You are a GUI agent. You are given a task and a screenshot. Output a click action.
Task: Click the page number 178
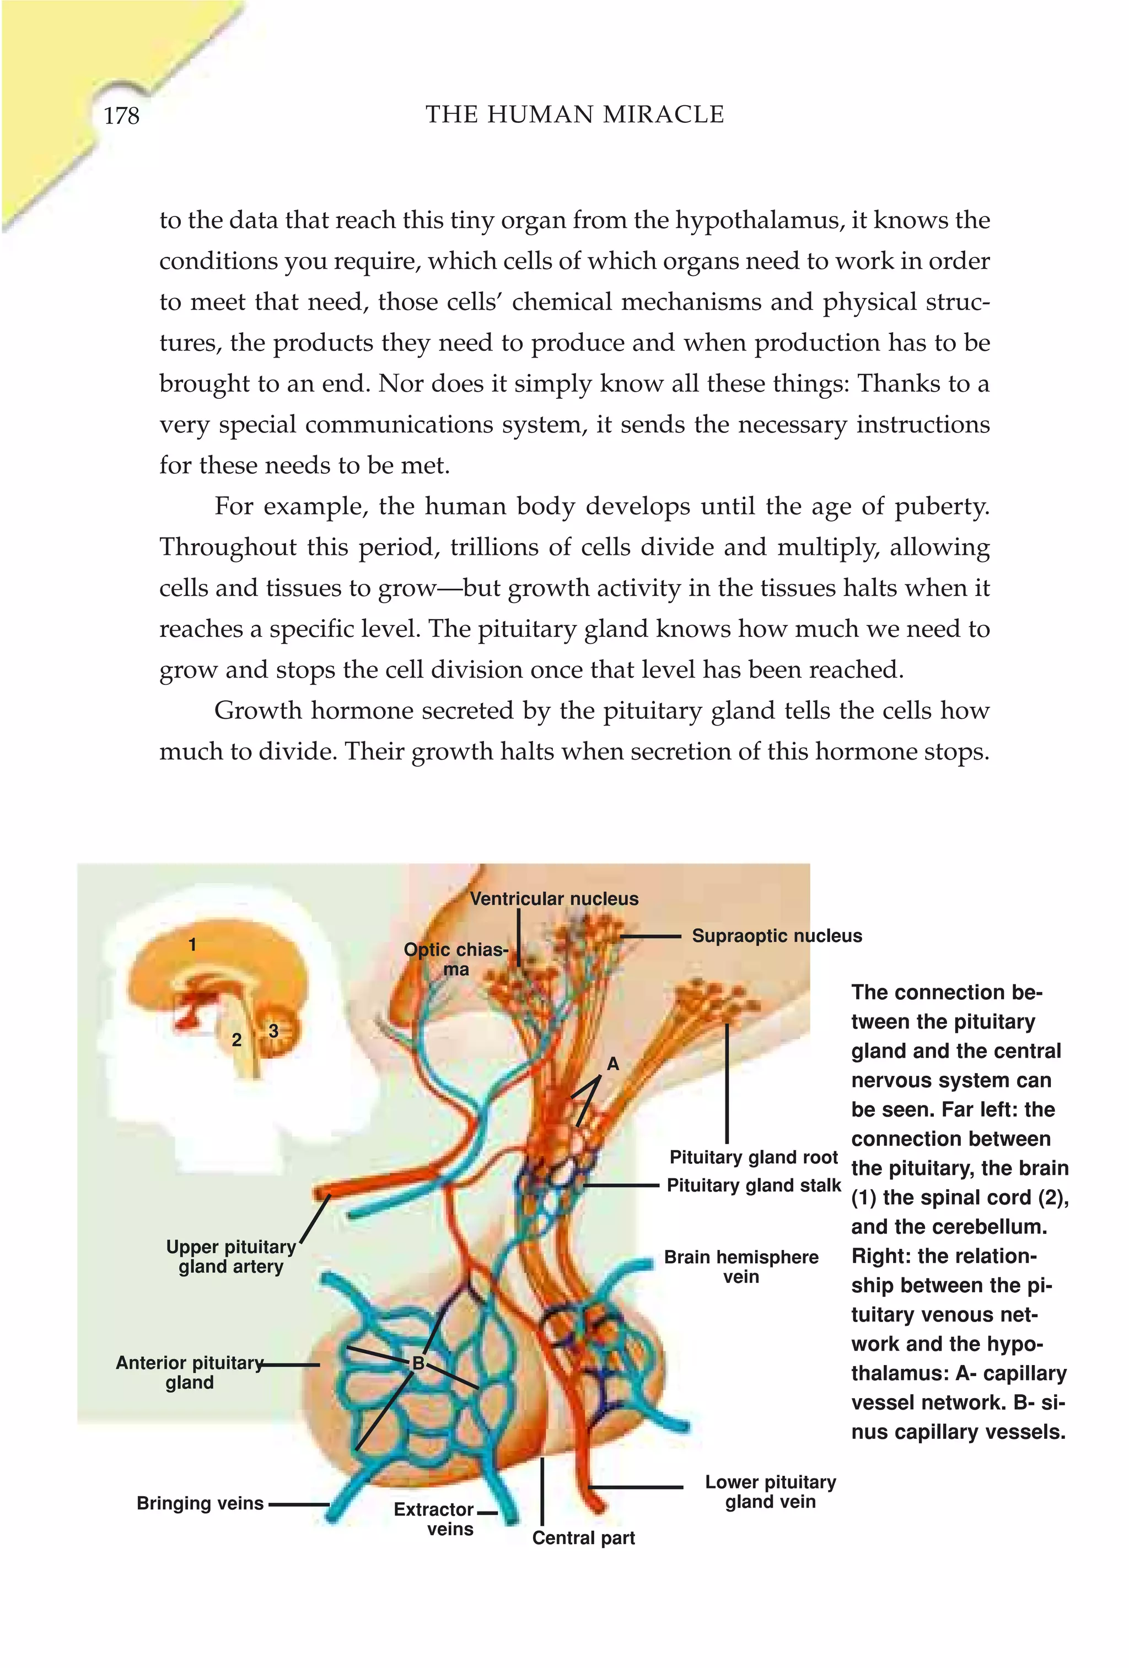point(121,116)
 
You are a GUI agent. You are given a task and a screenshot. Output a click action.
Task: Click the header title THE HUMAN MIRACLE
point(574,115)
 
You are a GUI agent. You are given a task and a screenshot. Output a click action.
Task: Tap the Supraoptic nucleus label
point(776,936)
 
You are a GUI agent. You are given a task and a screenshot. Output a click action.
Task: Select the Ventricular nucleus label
point(553,898)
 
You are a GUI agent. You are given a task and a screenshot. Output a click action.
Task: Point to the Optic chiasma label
point(455,959)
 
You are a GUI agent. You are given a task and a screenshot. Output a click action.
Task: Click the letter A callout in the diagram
point(612,1064)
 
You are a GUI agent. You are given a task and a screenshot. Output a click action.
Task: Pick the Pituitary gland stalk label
point(754,1185)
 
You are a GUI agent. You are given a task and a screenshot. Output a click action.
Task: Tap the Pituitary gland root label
point(754,1157)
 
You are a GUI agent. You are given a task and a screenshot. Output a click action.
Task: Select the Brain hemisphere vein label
point(740,1267)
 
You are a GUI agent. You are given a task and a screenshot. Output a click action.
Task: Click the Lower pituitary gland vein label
point(770,1492)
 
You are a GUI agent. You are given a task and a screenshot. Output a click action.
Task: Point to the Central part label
point(583,1537)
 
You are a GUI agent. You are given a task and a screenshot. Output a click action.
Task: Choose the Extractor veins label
point(434,1519)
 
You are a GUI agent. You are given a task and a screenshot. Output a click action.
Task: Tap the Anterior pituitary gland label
point(190,1372)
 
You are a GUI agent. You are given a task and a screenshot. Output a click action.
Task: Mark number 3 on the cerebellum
point(273,1031)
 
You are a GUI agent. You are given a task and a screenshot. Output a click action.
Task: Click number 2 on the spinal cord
point(236,1039)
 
